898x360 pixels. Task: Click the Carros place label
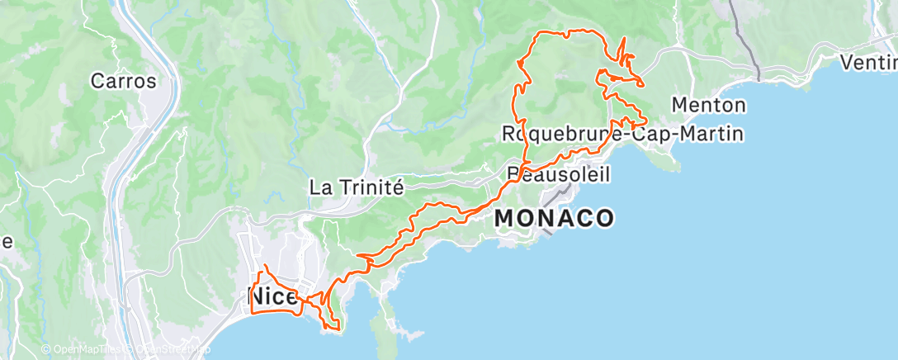tap(123, 81)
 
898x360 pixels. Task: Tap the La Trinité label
tap(356, 187)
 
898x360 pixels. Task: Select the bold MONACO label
tap(554, 219)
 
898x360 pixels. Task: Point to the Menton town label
tap(709, 106)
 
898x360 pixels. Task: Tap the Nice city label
tap(272, 297)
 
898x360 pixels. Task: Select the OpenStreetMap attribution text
tap(172, 350)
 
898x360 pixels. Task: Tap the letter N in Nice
tap(257, 297)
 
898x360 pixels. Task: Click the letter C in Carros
tap(97, 81)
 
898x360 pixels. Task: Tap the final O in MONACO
tap(604, 219)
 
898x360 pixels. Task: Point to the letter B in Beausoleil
tap(513, 174)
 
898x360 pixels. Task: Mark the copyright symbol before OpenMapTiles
tap(46, 350)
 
